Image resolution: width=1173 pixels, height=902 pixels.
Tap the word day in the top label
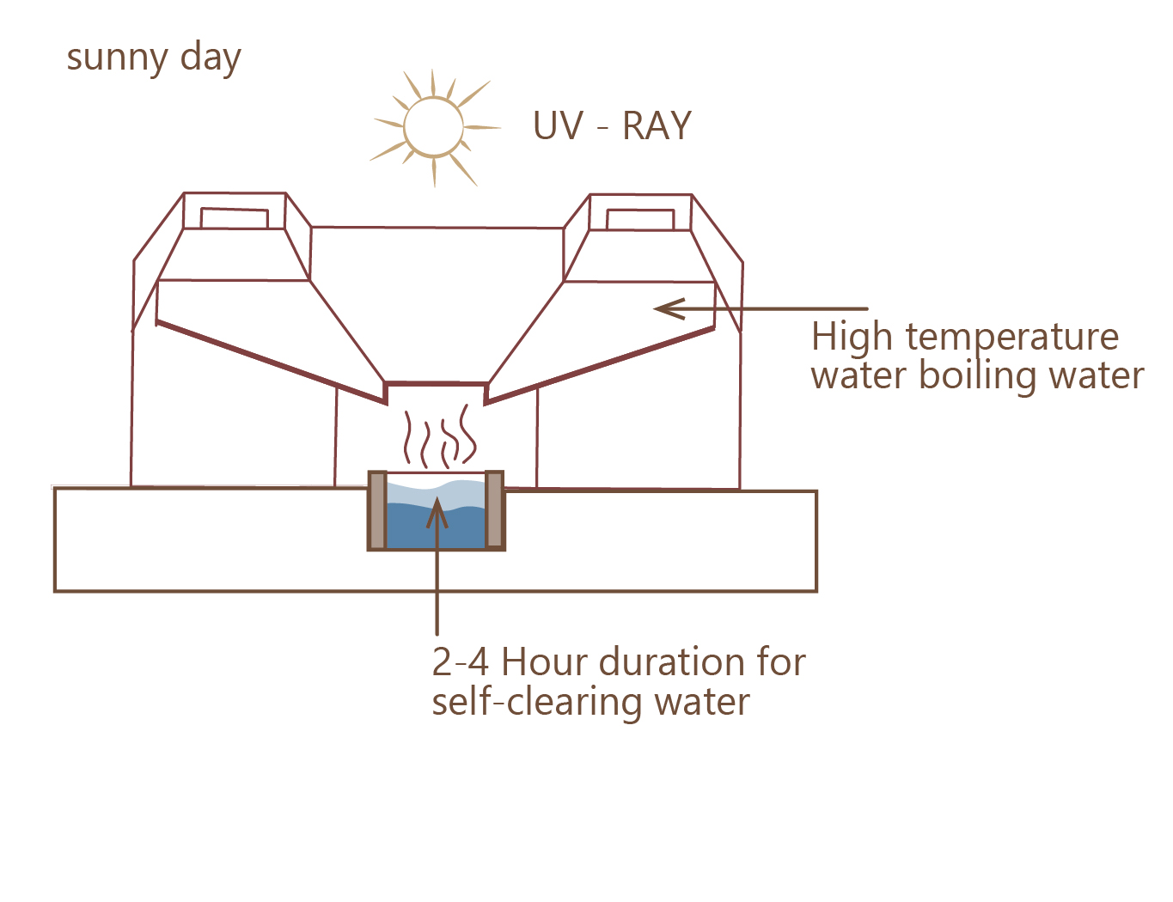click(211, 57)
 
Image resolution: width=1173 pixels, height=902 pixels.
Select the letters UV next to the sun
click(559, 125)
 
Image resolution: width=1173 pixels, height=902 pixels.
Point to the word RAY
click(657, 125)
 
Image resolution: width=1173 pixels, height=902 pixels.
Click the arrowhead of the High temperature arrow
click(669, 308)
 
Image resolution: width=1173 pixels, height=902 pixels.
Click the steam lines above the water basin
click(440, 436)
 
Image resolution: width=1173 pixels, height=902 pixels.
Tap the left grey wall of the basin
click(378, 510)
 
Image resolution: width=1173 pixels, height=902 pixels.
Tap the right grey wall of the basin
click(494, 510)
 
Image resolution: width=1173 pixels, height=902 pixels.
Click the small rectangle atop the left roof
click(235, 218)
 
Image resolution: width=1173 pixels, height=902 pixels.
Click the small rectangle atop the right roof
click(640, 220)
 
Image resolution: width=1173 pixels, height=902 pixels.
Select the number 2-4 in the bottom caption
click(461, 662)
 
